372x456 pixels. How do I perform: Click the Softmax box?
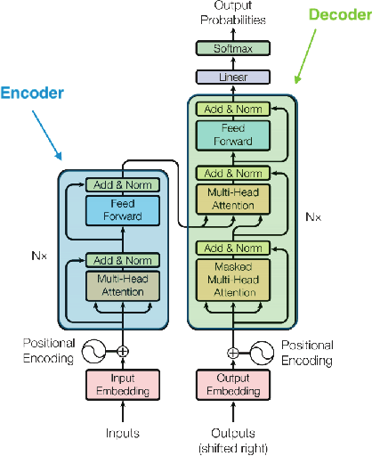coord(232,49)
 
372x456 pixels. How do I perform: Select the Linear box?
coord(232,78)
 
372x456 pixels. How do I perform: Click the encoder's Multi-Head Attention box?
coord(122,286)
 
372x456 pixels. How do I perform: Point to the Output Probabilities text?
coord(232,12)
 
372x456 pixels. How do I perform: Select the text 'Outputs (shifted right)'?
coord(232,442)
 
